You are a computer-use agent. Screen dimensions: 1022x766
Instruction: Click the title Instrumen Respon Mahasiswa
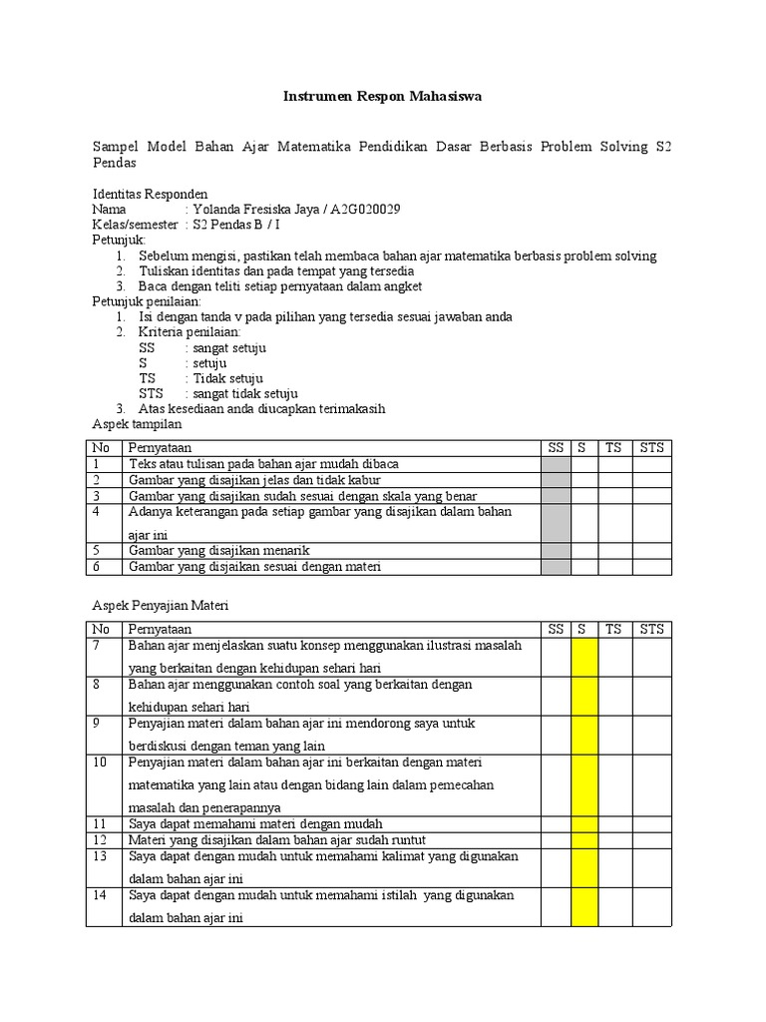383,98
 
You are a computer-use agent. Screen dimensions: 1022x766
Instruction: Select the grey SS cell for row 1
556,464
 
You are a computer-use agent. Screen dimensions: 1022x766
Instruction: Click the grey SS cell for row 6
556,567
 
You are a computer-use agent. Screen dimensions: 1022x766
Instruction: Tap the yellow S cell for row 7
583,657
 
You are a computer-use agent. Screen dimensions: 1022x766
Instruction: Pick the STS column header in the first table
651,447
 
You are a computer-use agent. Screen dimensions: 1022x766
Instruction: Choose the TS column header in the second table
613,629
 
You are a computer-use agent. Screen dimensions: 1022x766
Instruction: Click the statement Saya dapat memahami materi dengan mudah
255,824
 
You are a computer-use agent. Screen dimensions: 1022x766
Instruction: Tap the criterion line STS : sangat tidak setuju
218,393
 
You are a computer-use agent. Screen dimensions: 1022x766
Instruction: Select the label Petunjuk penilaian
147,300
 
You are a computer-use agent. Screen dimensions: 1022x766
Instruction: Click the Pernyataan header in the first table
160,447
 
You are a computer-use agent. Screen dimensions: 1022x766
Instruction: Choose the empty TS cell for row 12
613,840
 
